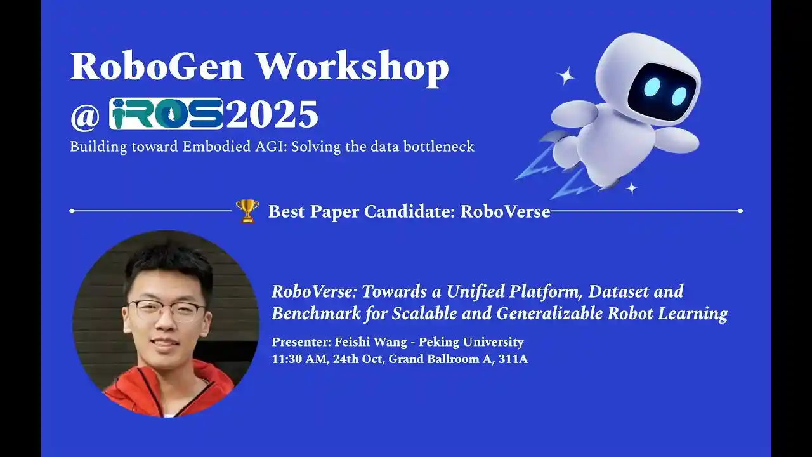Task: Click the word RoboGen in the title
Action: (157, 67)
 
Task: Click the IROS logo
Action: (166, 114)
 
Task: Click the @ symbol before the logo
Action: (85, 116)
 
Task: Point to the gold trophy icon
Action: (247, 211)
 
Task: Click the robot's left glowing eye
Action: (652, 87)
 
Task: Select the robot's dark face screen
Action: (662, 90)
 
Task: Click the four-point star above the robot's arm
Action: (565, 76)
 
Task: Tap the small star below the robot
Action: (632, 188)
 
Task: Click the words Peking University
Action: (471, 342)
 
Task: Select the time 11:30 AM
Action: (300, 359)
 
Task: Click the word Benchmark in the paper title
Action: (317, 314)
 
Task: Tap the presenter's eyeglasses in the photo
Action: (167, 310)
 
